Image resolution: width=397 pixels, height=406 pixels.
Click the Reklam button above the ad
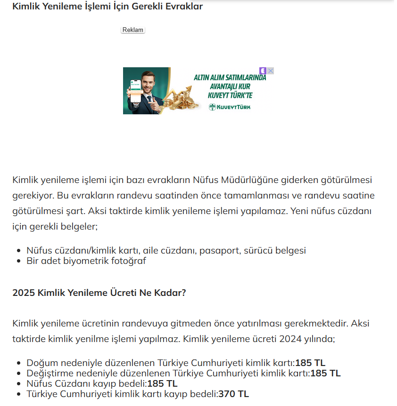pyautogui.click(x=132, y=30)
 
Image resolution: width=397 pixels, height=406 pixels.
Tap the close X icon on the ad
pyautogui.click(x=271, y=71)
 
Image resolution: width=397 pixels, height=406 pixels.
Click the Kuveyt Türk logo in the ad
pyautogui.click(x=230, y=107)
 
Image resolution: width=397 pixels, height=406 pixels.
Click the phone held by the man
pyautogui.click(x=136, y=91)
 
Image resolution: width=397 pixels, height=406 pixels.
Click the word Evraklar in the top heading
pyautogui.click(x=183, y=7)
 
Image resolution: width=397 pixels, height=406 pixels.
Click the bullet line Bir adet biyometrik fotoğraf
pyautogui.click(x=86, y=261)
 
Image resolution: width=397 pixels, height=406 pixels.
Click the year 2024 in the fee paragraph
pyautogui.click(x=290, y=339)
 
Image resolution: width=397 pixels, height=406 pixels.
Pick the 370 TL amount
pyautogui.click(x=233, y=394)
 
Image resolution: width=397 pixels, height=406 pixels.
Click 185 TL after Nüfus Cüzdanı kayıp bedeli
pyautogui.click(x=162, y=383)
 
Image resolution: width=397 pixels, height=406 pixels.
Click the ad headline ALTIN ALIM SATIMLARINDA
pyautogui.click(x=230, y=78)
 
